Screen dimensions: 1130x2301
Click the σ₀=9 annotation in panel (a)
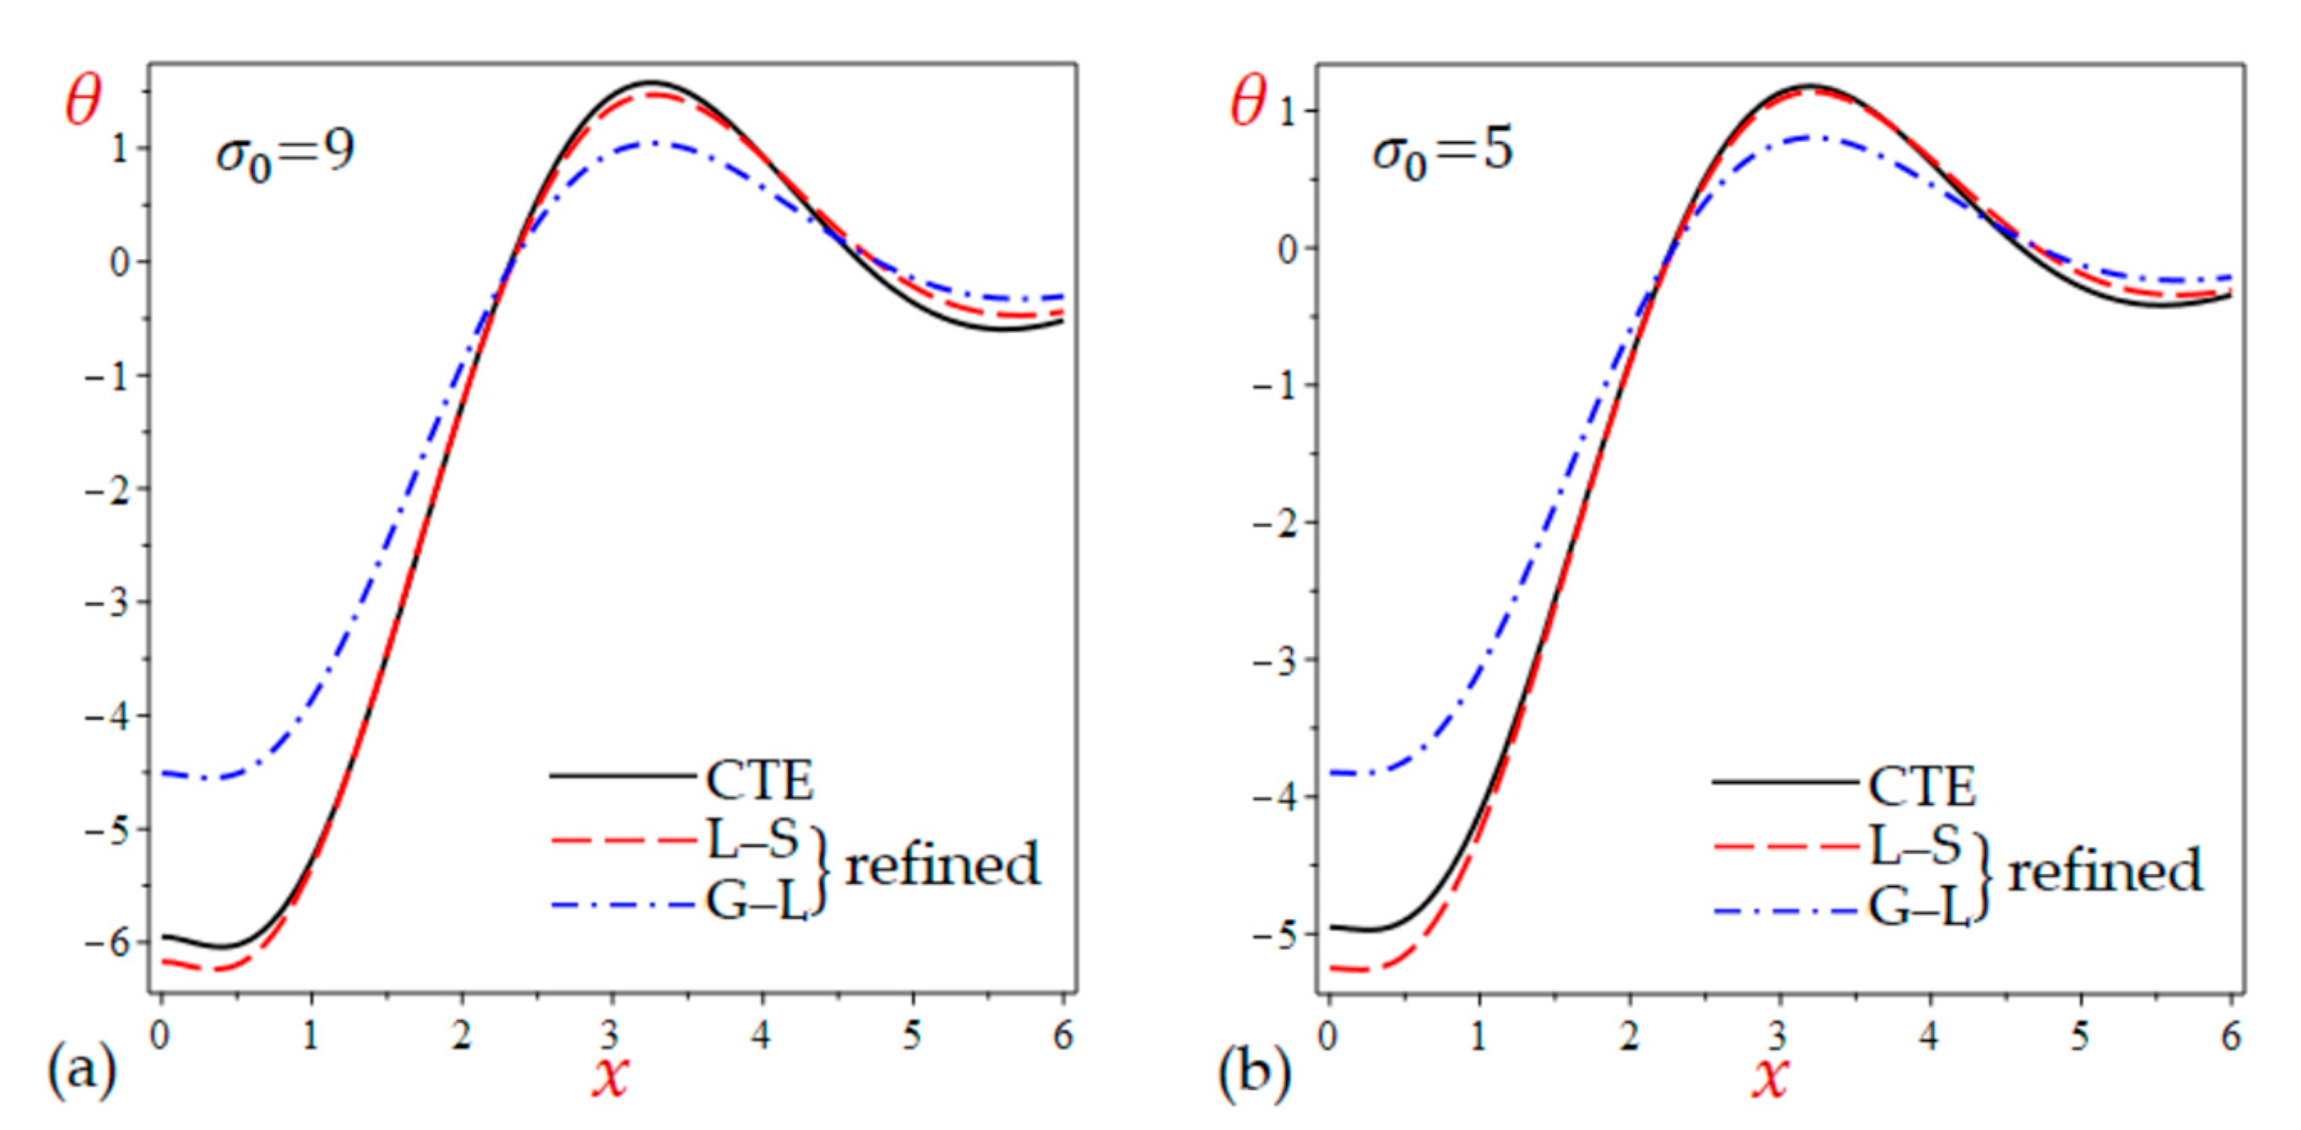(x=284, y=153)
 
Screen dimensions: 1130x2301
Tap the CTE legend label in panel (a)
(x=759, y=781)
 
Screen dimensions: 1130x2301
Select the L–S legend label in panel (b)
(x=1915, y=845)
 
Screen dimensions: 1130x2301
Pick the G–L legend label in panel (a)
(x=756, y=902)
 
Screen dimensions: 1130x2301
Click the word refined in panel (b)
(x=2104, y=871)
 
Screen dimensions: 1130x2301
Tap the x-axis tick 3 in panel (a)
(x=610, y=1036)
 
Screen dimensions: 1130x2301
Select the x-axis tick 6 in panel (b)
(x=2231, y=1036)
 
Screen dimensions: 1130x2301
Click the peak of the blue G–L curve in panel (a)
(x=654, y=143)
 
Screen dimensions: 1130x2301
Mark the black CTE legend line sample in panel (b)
(x=1786, y=782)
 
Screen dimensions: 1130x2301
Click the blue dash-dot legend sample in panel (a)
(x=623, y=906)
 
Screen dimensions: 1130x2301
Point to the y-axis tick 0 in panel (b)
(x=1287, y=250)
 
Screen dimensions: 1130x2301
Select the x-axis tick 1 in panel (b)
(x=1478, y=1036)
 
